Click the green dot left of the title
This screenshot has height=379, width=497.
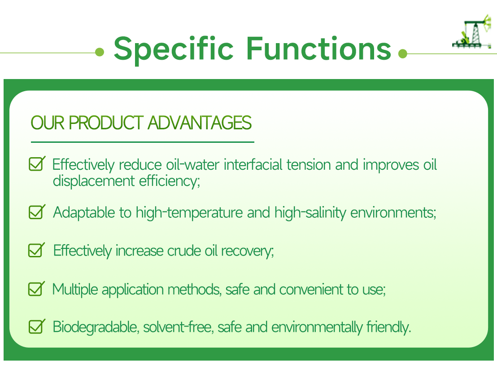tap(100, 53)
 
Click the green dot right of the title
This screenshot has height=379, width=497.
tap(402, 54)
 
